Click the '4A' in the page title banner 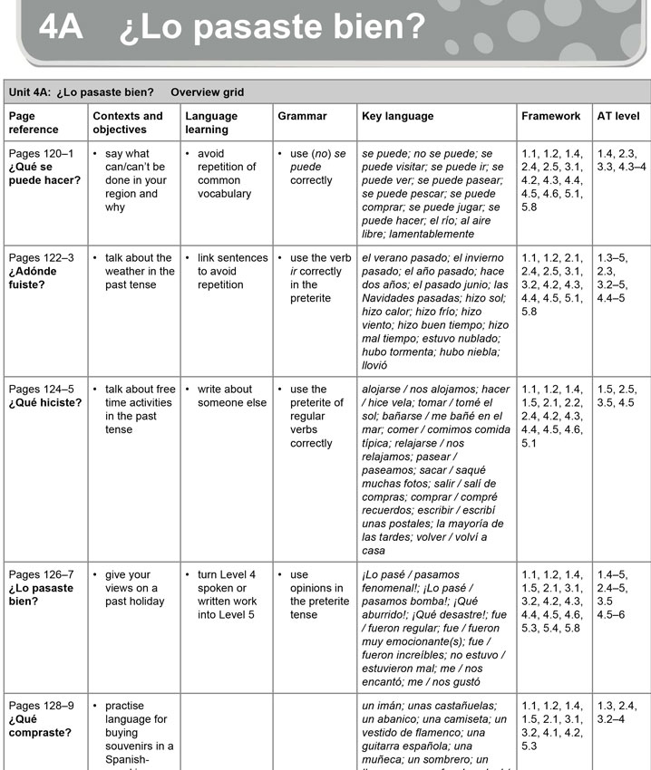click(x=61, y=28)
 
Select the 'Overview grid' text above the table click(x=207, y=92)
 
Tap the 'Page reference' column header click(x=34, y=122)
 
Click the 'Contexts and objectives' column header click(x=128, y=122)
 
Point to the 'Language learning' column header click(x=211, y=122)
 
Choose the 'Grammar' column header click(x=302, y=116)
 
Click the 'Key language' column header click(x=397, y=116)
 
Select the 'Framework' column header click(x=550, y=116)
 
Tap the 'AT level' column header click(x=617, y=116)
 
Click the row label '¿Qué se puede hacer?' click(x=44, y=173)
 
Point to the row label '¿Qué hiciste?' click(x=45, y=402)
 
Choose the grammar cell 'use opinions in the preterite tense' click(x=318, y=594)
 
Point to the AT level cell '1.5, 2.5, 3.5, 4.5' click(x=617, y=396)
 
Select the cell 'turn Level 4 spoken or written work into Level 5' click(x=227, y=594)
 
